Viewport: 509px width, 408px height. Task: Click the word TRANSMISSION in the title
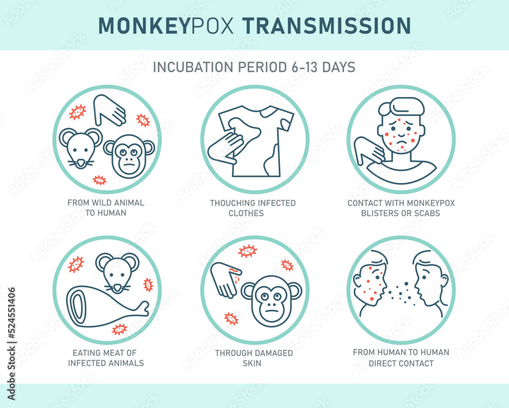(327, 25)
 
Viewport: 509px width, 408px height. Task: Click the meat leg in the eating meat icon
(107, 306)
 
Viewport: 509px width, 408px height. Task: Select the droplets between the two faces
(401, 293)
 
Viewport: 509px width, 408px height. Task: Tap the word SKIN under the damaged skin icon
(252, 363)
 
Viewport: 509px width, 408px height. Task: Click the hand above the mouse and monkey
(109, 110)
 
